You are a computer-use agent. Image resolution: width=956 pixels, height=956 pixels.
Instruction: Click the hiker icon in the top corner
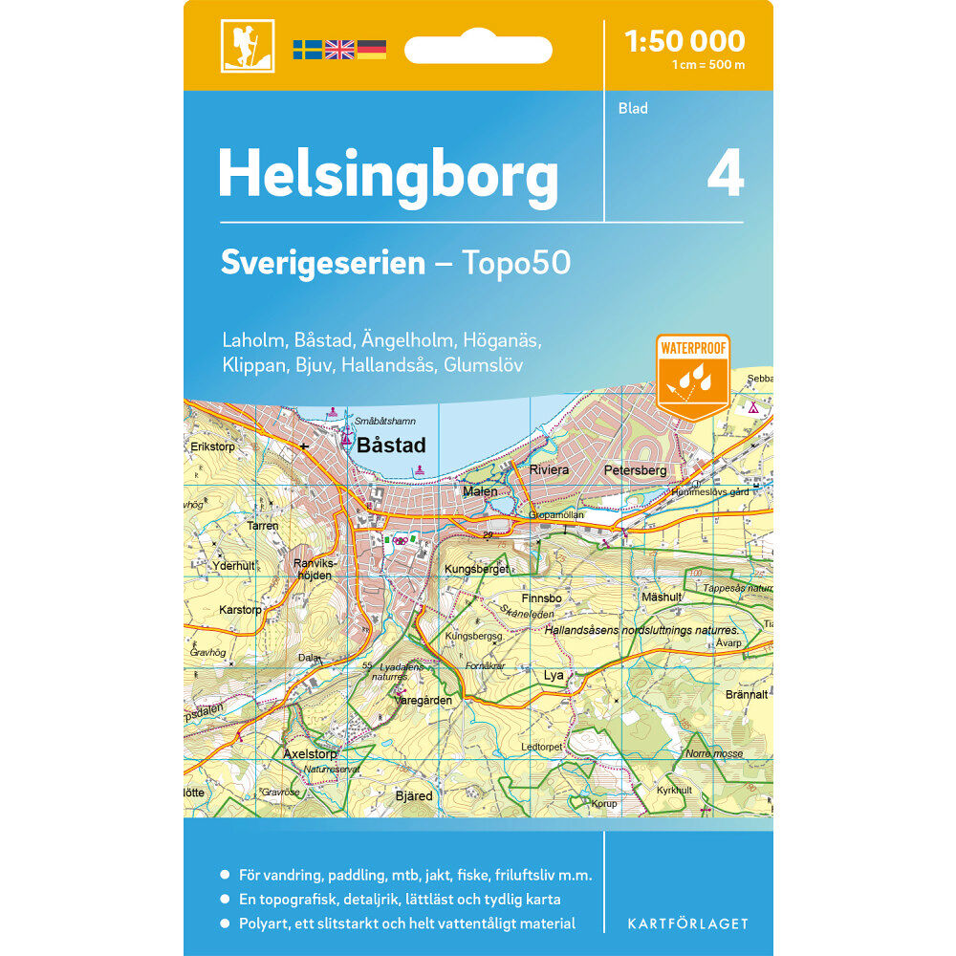pos(247,46)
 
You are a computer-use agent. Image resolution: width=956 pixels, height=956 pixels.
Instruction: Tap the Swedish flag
pos(307,50)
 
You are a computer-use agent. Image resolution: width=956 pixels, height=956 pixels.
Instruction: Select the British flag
pos(339,50)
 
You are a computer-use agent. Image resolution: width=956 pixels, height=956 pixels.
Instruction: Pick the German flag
pos(371,50)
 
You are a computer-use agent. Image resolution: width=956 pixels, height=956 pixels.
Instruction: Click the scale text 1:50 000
pos(684,41)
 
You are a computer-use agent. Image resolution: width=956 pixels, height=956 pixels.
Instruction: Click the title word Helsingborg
pos(387,176)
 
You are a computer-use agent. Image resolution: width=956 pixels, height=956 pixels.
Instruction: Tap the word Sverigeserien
pos(322,264)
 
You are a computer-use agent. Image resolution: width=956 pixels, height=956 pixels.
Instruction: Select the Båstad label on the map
pos(390,445)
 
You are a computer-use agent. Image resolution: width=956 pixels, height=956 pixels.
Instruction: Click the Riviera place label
pos(549,470)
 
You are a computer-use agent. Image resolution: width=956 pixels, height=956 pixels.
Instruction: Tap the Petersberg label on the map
pos(635,470)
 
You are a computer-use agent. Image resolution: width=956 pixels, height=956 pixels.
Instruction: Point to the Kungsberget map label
pos(476,570)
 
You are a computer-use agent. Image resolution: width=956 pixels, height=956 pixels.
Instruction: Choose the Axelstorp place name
pos(312,753)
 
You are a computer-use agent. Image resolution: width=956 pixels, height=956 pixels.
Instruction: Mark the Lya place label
pos(554,675)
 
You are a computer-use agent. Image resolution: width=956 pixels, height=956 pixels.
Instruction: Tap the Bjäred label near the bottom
pos(414,795)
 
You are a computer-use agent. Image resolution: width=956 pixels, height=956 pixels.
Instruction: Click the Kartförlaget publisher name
pos(687,923)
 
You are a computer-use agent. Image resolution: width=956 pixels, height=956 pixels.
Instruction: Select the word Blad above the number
pos(633,108)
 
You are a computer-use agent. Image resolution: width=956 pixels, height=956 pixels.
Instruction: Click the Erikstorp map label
pos(212,445)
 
